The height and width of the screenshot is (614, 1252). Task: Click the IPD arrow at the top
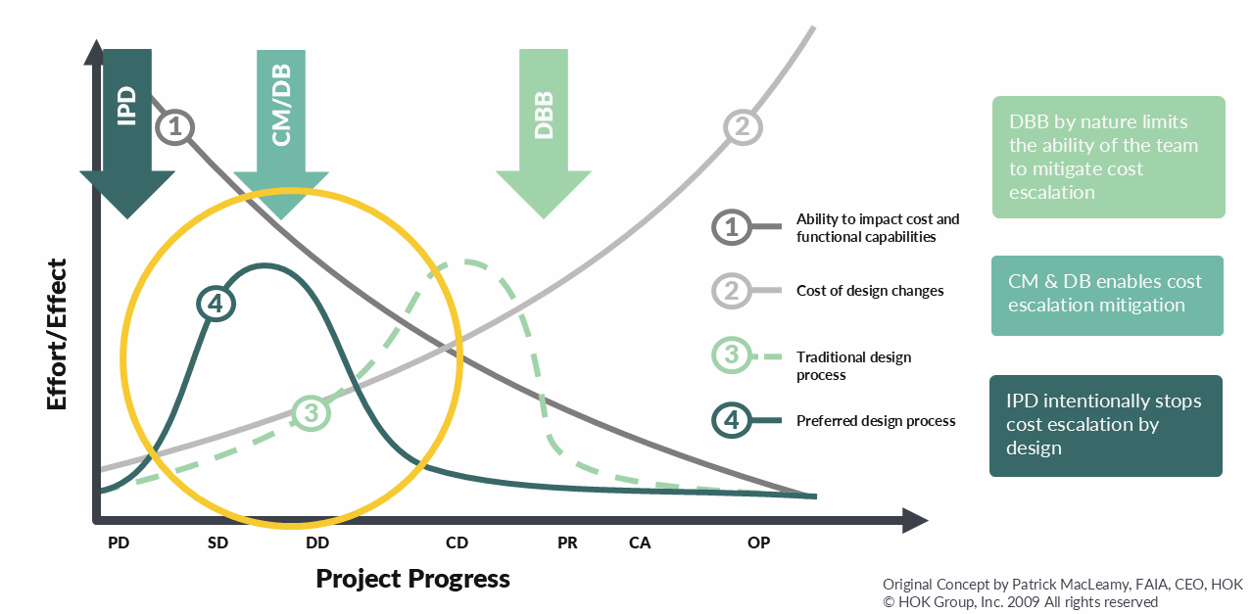127,127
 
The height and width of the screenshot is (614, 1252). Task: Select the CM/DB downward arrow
281,127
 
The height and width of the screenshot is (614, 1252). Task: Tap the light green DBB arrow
545,127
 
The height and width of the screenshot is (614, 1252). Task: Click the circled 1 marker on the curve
175,126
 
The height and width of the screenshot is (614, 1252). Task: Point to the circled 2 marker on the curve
742,126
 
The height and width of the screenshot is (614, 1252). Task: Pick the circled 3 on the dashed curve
312,412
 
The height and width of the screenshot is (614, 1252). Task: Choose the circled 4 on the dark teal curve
216,304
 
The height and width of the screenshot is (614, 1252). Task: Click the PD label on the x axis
119,543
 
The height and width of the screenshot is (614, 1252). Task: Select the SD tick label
217,543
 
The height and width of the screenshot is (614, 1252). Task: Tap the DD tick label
317,543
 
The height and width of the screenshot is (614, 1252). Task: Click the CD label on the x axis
457,543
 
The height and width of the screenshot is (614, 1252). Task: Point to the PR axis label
567,543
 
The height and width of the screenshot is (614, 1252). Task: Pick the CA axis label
640,543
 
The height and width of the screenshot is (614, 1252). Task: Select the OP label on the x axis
758,543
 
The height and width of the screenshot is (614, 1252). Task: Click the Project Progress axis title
412,579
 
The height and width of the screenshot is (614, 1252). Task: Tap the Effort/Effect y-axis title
57,334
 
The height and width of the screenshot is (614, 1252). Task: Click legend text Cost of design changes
870,292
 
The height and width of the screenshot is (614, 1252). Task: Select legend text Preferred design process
876,421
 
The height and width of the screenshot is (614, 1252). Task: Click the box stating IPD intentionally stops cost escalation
1105,425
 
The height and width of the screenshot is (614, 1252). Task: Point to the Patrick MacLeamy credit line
1062,585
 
